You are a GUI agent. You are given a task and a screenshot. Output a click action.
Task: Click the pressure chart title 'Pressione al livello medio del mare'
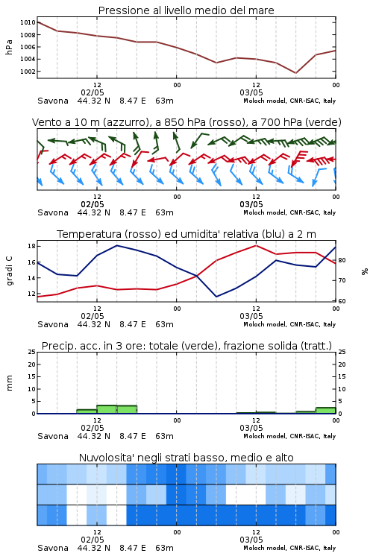[x=186, y=10]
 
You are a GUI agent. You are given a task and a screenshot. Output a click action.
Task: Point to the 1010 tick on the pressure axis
[x=28, y=22]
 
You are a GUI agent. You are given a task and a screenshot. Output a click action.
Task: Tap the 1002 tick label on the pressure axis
[x=28, y=72]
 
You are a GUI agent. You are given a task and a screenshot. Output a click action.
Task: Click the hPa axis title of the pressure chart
[x=9, y=47]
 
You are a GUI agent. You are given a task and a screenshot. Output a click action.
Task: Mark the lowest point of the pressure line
[x=295, y=73]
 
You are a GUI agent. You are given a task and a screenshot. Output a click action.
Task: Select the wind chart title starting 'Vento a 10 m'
[x=186, y=122]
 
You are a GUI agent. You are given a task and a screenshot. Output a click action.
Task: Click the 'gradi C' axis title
[x=9, y=271]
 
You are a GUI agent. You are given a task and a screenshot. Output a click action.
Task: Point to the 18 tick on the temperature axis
[x=31, y=246]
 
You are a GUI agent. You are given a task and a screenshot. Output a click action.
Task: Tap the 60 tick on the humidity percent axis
[x=342, y=301]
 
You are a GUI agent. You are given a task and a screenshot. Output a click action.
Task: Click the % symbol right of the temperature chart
[x=365, y=271]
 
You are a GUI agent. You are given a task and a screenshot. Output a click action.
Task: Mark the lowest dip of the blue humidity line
[x=216, y=297]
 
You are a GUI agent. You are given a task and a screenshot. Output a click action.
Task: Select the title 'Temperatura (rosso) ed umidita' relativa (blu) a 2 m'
[x=186, y=234]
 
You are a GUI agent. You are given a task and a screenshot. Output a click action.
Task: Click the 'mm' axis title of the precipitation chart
[x=9, y=383]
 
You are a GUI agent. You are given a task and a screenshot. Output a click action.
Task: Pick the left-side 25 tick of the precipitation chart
[x=31, y=352]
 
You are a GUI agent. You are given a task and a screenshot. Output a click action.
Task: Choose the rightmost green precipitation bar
[x=325, y=411]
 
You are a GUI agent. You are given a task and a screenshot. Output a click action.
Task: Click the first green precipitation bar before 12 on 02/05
[x=87, y=411]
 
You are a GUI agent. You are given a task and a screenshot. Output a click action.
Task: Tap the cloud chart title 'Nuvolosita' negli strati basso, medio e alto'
[x=186, y=458]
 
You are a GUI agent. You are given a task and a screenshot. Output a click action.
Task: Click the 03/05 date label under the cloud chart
[x=251, y=540]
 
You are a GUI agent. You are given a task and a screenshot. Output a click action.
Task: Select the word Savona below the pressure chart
[x=53, y=101]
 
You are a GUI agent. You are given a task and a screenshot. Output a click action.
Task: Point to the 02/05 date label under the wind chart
[x=93, y=205]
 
